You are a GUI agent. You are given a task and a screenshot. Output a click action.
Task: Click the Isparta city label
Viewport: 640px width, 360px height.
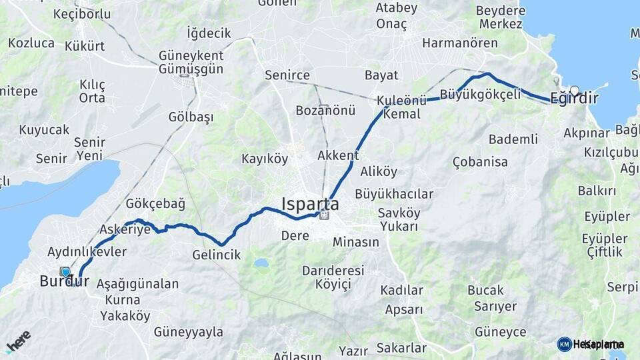click(310, 203)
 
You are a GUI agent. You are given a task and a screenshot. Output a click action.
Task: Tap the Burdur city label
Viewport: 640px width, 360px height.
click(64, 281)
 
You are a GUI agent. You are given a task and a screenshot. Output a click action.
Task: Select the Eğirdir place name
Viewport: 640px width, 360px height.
click(574, 99)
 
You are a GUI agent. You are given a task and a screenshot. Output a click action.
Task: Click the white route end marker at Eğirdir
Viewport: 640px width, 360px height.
click(574, 90)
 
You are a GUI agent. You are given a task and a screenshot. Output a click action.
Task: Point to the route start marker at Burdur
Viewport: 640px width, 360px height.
click(65, 271)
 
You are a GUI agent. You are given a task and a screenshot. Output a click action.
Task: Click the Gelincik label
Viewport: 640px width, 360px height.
click(216, 255)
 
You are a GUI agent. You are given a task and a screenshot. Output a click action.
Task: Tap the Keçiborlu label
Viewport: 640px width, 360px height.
click(82, 14)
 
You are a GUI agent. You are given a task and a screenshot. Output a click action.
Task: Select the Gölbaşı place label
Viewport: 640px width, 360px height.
click(191, 117)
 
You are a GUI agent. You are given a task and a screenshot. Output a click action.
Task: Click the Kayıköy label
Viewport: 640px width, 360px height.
click(265, 159)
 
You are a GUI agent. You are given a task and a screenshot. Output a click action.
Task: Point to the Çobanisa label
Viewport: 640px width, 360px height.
click(480, 161)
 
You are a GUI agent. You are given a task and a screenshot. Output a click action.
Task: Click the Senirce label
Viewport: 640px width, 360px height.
click(287, 75)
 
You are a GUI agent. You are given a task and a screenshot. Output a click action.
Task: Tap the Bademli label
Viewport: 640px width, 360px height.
click(513, 139)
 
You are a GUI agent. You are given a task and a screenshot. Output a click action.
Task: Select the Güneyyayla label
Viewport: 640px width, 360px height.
click(189, 331)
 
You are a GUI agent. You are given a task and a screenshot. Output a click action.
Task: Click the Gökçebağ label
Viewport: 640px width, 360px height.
click(155, 203)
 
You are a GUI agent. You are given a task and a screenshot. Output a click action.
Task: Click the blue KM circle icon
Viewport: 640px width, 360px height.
click(564, 344)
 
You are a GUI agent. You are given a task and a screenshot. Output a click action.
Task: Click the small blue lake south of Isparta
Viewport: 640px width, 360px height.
click(261, 263)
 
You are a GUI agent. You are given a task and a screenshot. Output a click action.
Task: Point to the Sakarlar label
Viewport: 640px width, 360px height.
click(401, 347)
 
